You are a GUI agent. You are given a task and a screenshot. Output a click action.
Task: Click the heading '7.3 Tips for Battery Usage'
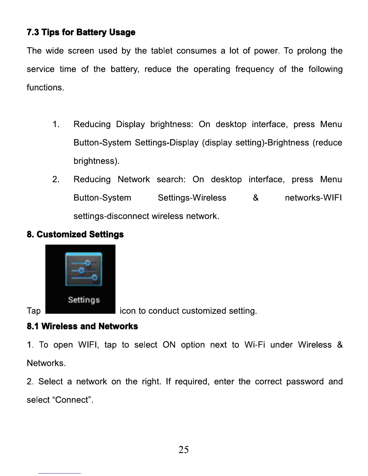81,32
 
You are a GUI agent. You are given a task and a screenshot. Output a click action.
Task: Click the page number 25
184,450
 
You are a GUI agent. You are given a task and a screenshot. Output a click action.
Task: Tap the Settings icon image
80,279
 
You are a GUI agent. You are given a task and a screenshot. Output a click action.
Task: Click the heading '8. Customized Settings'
75,234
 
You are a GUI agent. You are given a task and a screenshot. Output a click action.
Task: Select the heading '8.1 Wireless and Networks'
82,326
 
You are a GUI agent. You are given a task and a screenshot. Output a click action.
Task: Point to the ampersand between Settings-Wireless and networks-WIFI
256,198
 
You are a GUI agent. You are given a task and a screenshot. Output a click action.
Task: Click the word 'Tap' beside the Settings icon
34,311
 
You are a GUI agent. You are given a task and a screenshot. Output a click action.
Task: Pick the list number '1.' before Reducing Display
56,124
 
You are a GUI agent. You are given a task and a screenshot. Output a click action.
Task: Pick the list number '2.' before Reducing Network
56,179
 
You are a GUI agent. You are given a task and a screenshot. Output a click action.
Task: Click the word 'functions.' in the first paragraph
45,87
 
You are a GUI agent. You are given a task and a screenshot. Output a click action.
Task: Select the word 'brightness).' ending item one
97,161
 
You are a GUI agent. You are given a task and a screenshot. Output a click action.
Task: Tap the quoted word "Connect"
72,400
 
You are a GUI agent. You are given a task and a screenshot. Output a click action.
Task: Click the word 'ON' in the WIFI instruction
169,345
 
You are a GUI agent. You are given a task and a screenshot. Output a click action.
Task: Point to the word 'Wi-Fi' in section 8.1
255,345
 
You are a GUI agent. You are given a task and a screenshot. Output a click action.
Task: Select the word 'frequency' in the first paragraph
254,69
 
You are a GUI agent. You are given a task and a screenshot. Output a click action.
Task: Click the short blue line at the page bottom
60,473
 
